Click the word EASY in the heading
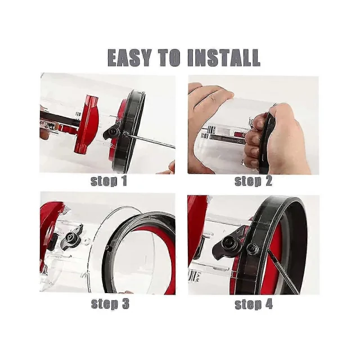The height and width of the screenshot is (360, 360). point(129,57)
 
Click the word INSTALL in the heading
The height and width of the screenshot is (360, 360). point(224,57)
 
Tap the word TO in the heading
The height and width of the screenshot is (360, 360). point(169,57)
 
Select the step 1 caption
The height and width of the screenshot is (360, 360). point(109,181)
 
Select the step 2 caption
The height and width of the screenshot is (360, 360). point(253,181)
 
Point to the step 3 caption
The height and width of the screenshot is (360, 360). point(110,304)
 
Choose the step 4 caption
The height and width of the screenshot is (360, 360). point(254,304)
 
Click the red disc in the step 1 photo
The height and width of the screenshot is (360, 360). point(87,124)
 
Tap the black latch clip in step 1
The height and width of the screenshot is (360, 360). point(112,132)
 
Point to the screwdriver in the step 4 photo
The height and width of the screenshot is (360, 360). point(283,272)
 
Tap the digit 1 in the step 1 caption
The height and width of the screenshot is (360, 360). point(124,181)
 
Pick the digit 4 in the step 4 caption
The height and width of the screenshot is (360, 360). point(269,304)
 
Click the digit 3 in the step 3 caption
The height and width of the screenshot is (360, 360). point(125,304)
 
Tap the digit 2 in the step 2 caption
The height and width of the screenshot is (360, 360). point(268,181)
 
